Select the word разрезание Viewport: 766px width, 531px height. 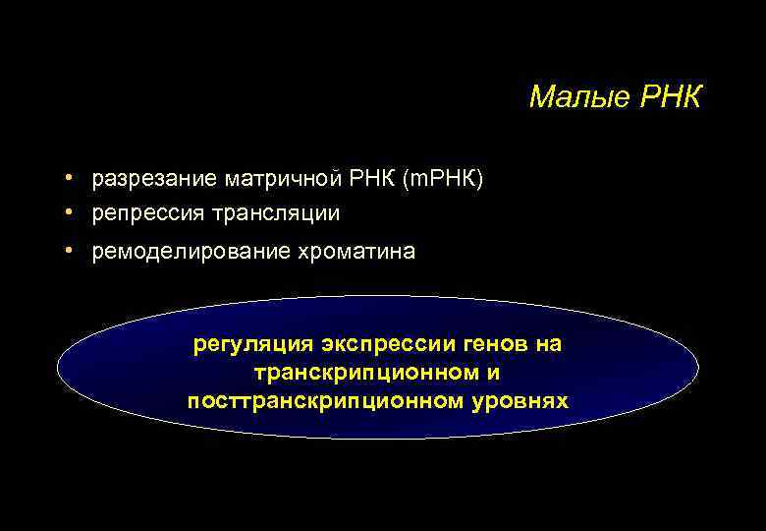(155, 180)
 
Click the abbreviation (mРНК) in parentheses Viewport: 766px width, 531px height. (439, 180)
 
